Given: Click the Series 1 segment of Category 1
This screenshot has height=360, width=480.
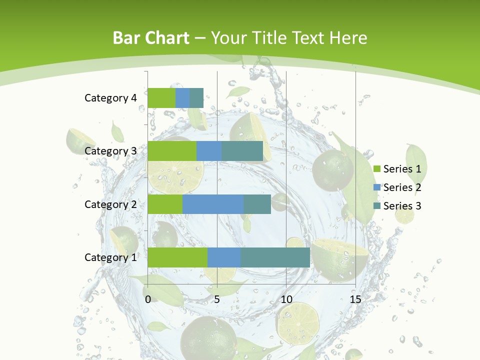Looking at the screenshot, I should point(177,257).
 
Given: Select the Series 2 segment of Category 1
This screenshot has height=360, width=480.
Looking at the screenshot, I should point(224,257).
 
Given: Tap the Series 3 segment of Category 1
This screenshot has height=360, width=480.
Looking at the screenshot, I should point(275,257).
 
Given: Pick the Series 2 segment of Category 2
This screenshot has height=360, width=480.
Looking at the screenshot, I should point(213,204).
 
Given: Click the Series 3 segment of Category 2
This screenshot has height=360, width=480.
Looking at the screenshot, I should point(257,204).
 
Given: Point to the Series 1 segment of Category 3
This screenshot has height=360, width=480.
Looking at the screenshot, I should point(172,151).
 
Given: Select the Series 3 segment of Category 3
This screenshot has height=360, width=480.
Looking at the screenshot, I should point(242,151).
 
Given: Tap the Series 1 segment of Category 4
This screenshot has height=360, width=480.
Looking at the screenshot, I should point(161,98).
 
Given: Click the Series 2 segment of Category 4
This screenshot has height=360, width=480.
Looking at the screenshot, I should point(182,98).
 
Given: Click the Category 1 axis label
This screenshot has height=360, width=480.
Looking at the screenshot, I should point(110,257).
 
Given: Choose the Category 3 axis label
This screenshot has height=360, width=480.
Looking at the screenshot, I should point(110,151).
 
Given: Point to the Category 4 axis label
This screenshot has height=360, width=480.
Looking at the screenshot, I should point(110,98).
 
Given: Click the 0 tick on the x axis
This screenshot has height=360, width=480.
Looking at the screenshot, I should point(148,299).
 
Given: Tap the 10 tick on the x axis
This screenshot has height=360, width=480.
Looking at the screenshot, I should point(286,299).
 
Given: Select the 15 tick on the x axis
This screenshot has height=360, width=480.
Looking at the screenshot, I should point(355,299).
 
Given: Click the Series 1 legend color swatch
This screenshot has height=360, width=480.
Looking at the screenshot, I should point(376,169).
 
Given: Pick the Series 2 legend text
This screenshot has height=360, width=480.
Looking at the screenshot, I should point(402,187).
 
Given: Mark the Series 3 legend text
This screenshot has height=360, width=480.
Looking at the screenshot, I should point(402,206).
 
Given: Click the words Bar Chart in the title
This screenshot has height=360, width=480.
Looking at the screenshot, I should point(151,38).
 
